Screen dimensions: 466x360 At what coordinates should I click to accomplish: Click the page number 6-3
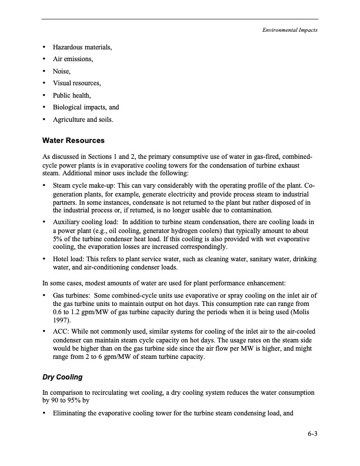click(312, 434)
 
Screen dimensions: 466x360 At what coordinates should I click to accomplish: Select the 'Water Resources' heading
click(74, 141)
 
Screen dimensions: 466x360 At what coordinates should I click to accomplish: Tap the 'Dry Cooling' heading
click(62, 377)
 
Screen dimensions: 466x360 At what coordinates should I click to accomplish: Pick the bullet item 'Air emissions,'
click(73, 59)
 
